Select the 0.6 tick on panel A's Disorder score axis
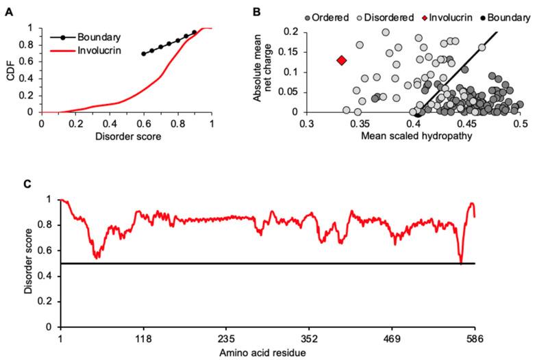(x=144, y=124)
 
